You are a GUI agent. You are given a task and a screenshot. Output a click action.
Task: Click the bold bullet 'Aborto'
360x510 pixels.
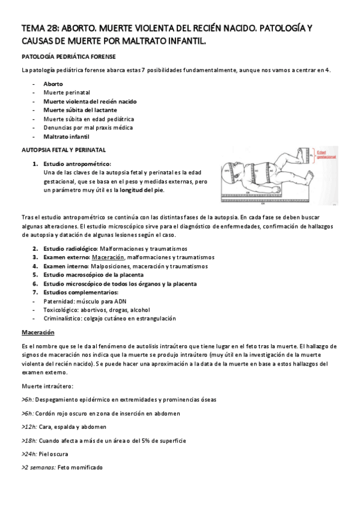point(53,84)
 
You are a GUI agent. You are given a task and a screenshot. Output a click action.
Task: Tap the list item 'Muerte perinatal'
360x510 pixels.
point(66,93)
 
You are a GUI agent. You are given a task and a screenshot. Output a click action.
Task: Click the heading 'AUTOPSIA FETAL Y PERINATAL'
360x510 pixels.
point(64,149)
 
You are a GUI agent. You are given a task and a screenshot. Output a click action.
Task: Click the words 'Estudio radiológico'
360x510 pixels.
point(66,248)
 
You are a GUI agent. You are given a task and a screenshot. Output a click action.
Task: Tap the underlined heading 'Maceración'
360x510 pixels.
point(38,332)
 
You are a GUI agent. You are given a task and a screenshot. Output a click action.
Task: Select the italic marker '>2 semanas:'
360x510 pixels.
point(38,467)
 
